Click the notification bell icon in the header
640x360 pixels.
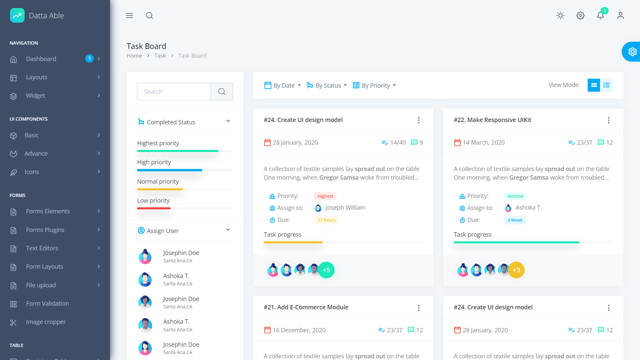point(600,16)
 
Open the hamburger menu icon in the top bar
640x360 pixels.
point(129,16)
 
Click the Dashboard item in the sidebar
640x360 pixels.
point(41,59)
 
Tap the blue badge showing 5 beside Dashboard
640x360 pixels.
point(89,58)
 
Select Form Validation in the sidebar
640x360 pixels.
point(47,303)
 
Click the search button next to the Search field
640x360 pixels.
point(222,91)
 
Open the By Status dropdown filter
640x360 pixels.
point(327,85)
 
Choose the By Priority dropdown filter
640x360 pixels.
point(375,85)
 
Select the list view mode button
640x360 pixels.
point(606,85)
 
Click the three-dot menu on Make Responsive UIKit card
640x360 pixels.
point(609,120)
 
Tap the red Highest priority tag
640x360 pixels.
point(325,196)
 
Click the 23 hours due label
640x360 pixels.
point(326,220)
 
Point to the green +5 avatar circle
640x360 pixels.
point(326,270)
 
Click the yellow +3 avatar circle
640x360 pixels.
point(516,270)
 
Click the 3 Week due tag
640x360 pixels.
point(515,220)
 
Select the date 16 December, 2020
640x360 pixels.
point(299,330)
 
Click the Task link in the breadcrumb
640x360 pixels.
point(160,56)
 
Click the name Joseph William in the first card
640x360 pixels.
point(345,208)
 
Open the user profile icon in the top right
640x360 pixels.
point(620,16)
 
